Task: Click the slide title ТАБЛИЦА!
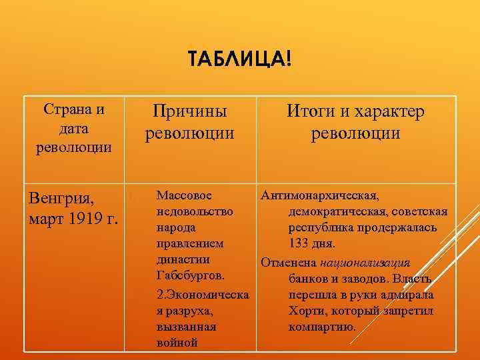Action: [239, 61]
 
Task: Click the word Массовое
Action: [183, 196]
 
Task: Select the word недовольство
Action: [194, 211]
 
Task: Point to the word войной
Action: [177, 343]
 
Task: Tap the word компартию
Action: [322, 327]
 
